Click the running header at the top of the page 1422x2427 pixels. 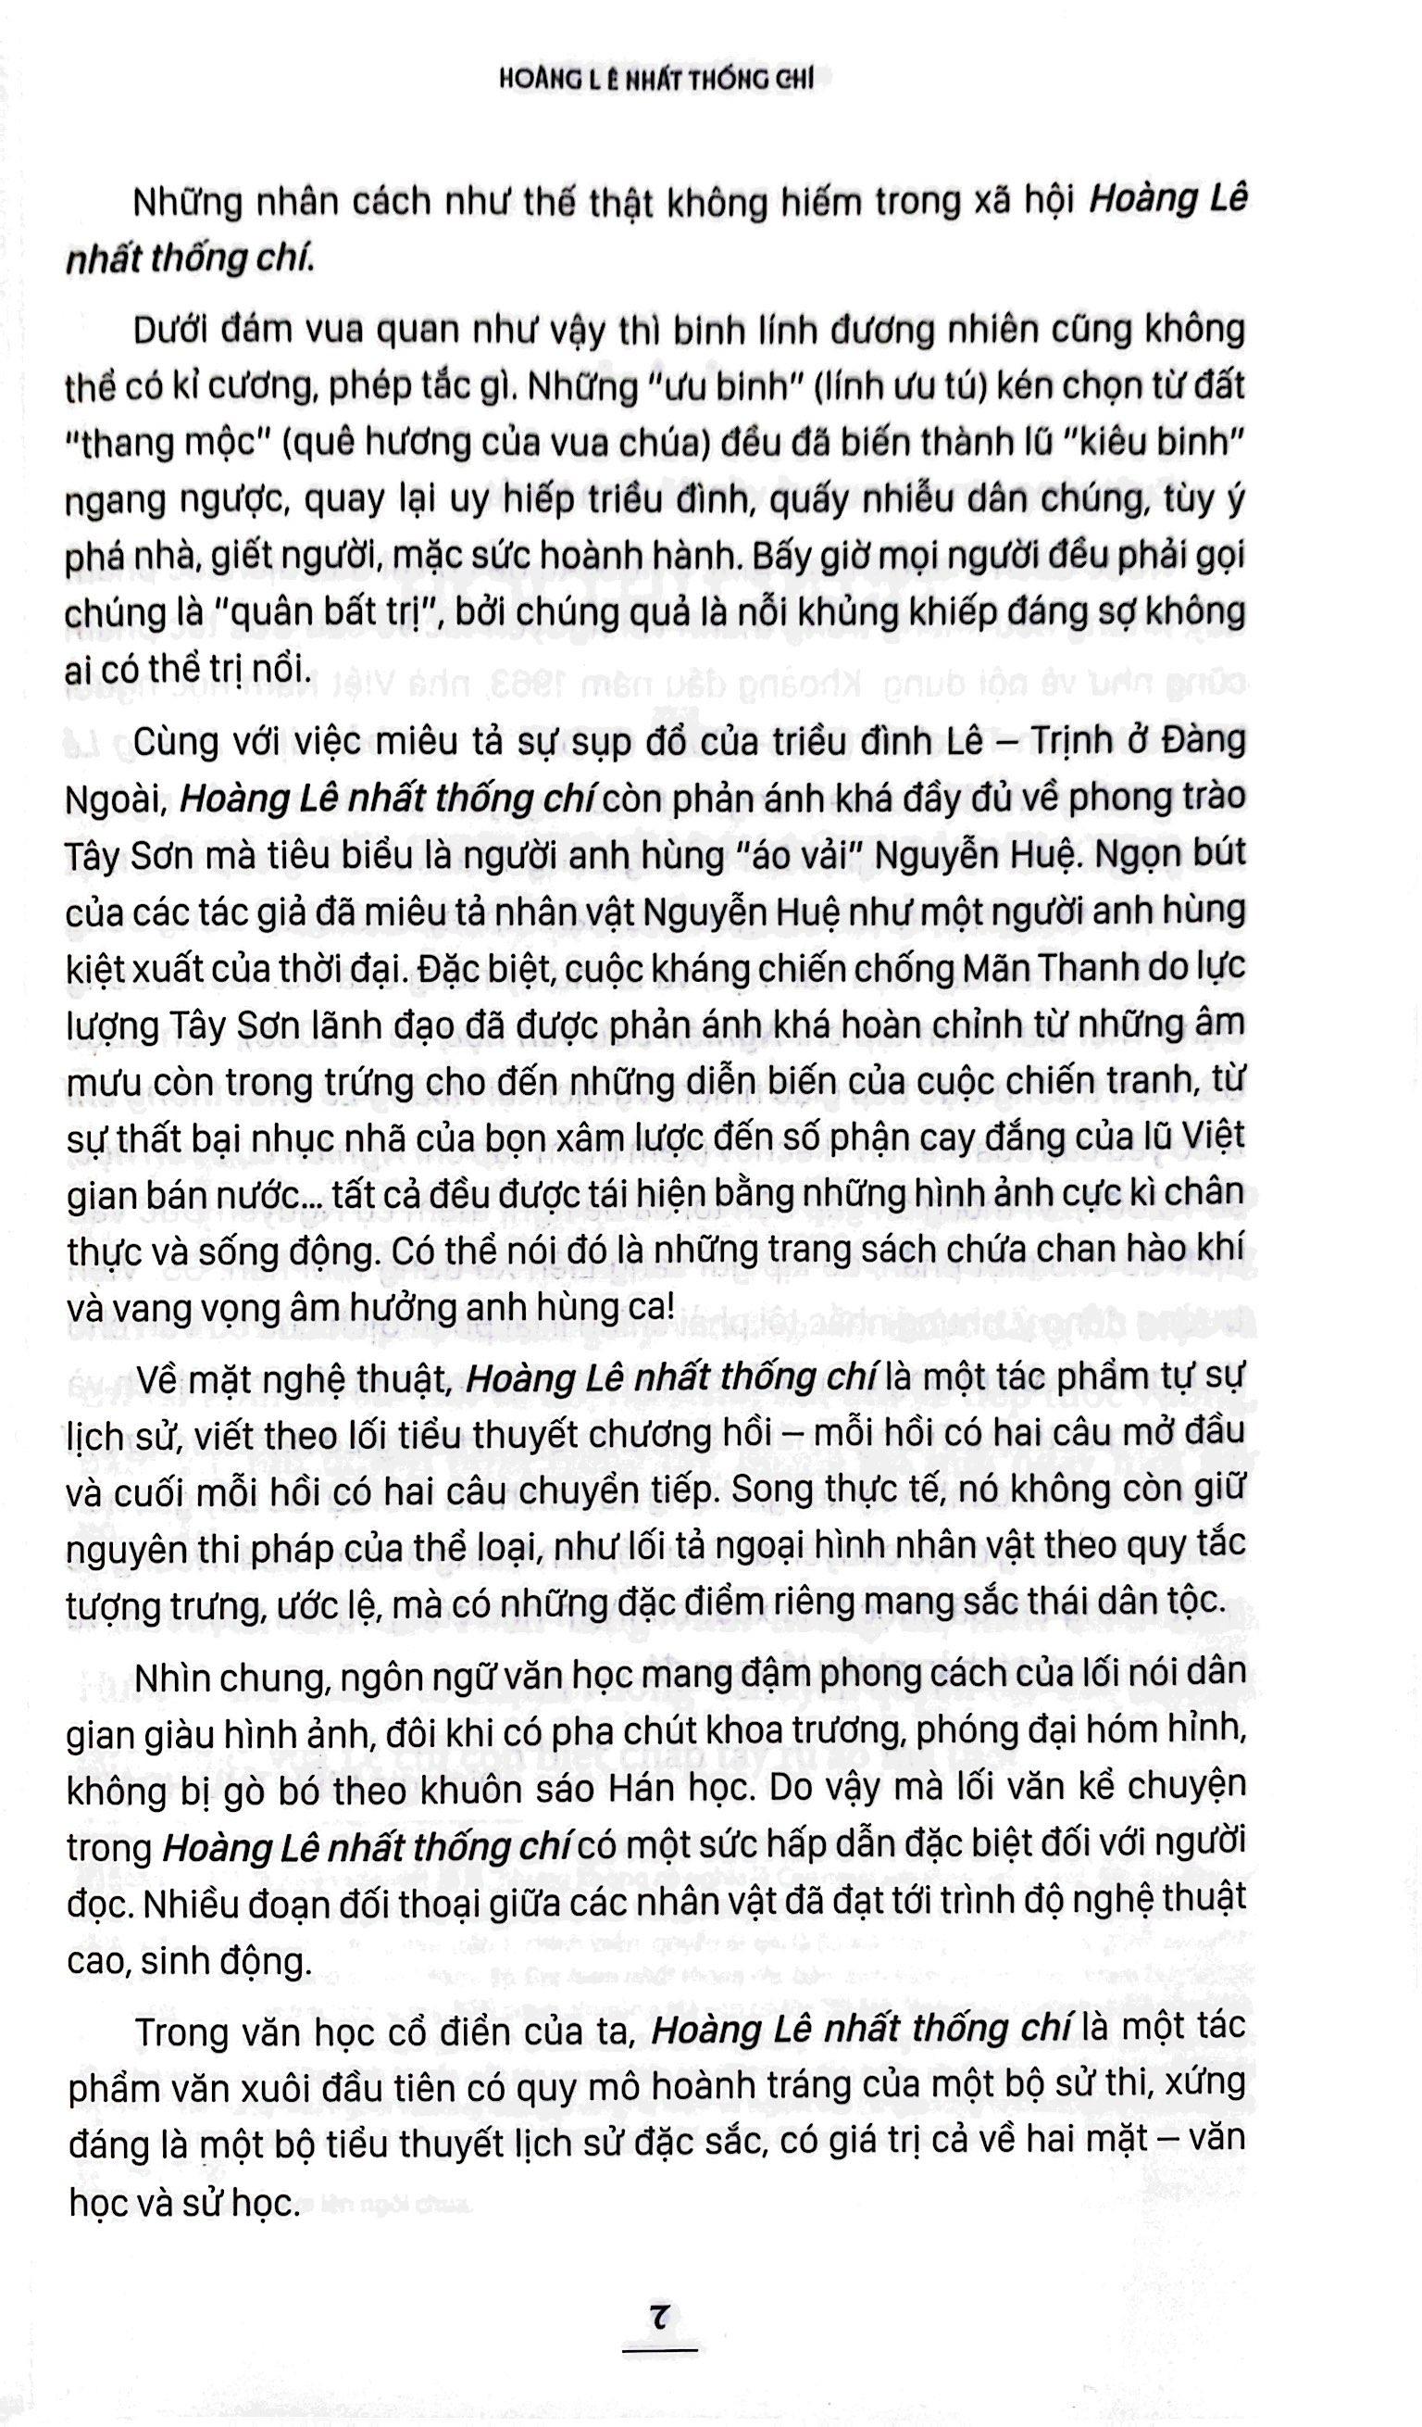tap(655, 82)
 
